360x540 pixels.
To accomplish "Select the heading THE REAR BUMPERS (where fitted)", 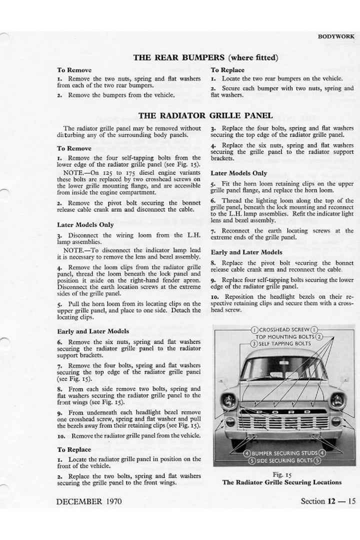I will pyautogui.click(x=205, y=57).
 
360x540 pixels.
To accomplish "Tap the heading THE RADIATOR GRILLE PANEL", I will pyautogui.click(x=205, y=115).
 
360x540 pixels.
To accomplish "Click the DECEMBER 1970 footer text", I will pyautogui.click(x=88, y=501).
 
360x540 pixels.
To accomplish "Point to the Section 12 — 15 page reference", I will pyautogui.click(x=328, y=501).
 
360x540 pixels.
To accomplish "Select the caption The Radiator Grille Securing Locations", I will pyautogui.click(x=282, y=482).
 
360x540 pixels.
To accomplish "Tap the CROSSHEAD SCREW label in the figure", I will pyautogui.click(x=284, y=330).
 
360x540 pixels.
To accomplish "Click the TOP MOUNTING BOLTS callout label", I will pyautogui.click(x=284, y=337).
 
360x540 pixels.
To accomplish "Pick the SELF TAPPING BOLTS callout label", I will pyautogui.click(x=284, y=344).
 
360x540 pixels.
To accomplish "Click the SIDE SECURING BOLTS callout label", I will pyautogui.click(x=284, y=460).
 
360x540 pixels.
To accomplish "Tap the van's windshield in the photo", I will pyautogui.click(x=283, y=369).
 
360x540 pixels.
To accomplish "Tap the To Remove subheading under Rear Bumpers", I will pyautogui.click(x=74, y=70).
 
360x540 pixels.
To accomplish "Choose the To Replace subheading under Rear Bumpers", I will pyautogui.click(x=227, y=70).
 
